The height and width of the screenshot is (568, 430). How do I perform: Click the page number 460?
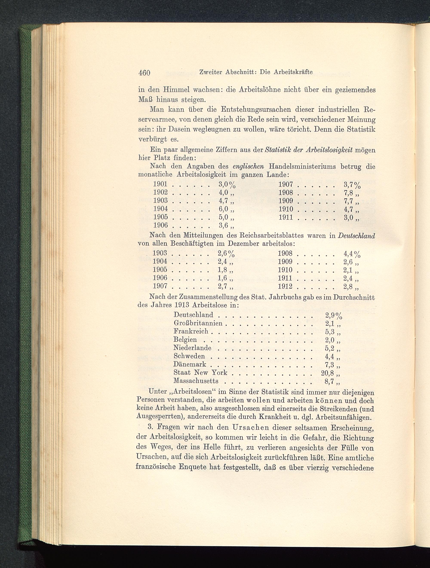coord(144,73)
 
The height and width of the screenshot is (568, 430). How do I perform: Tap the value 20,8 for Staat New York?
coord(327,373)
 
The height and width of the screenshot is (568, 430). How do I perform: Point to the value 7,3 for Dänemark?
coord(329,364)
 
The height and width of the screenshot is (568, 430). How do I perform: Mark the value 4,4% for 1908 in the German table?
coord(352,254)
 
